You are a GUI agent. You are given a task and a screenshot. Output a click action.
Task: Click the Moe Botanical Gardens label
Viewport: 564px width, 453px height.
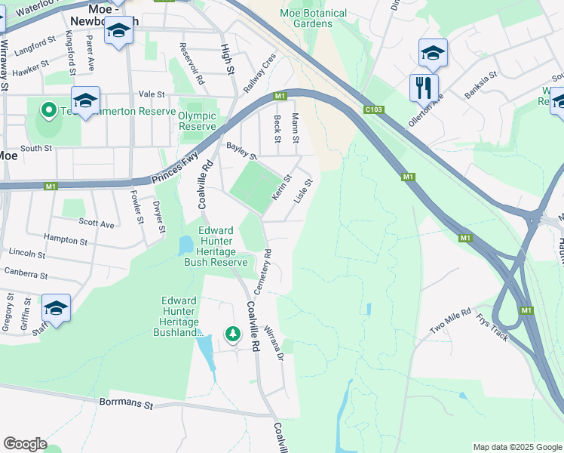click(313, 18)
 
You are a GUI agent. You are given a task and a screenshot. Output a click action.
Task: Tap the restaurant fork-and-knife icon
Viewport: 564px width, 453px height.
click(424, 87)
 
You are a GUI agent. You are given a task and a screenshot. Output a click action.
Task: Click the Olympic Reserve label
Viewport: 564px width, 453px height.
click(198, 121)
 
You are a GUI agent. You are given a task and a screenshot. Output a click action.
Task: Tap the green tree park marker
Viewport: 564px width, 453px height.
click(233, 333)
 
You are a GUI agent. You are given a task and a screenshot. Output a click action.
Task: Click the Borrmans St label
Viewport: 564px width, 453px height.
click(126, 403)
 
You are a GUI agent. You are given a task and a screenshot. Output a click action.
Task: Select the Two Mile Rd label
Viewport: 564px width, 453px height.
click(450, 322)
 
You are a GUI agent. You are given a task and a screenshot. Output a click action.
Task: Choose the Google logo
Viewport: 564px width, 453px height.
click(25, 444)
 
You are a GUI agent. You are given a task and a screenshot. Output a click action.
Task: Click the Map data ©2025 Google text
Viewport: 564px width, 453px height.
click(516, 447)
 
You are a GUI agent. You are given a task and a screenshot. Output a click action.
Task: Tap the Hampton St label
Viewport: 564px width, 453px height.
click(66, 239)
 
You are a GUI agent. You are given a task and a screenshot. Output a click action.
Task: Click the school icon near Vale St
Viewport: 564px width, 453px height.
click(85, 100)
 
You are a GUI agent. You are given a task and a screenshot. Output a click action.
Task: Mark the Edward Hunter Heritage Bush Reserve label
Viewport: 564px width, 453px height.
click(216, 246)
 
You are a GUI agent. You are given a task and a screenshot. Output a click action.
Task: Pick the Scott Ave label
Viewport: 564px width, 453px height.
click(97, 223)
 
